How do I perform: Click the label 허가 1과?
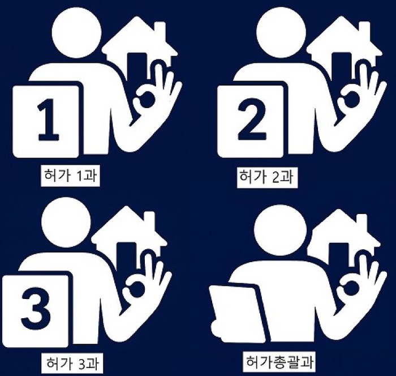[x=70, y=175]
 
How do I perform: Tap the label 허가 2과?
[x=266, y=176]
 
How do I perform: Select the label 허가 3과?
[x=72, y=363]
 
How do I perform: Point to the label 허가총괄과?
[x=279, y=361]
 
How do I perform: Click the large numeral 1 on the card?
[x=48, y=119]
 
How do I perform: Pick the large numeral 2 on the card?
[x=252, y=118]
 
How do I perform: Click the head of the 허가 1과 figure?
[x=76, y=33]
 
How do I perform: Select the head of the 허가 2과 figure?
[x=281, y=33]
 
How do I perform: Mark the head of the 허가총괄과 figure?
[x=281, y=230]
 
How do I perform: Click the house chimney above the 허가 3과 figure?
[x=149, y=220]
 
